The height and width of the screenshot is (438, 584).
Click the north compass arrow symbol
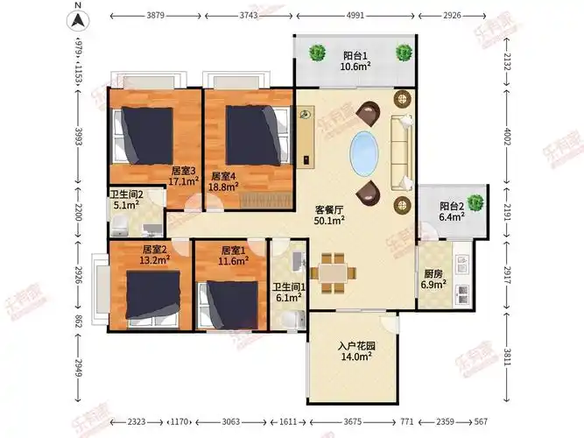(78, 20)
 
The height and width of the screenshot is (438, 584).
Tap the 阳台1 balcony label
(355, 56)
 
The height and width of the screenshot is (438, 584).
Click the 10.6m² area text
(355, 67)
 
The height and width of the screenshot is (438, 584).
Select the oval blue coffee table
(364, 153)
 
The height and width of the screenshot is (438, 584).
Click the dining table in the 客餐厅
(334, 273)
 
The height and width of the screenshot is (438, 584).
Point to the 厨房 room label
(433, 274)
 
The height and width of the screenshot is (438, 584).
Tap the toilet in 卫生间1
(292, 321)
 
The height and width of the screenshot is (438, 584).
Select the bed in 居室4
(258, 135)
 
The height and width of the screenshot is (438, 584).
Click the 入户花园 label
(356, 346)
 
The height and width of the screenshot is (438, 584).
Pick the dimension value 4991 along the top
(355, 16)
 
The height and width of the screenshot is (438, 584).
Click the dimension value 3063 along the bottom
(230, 421)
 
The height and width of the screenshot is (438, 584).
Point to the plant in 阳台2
(475, 202)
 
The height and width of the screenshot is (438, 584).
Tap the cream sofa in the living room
(402, 152)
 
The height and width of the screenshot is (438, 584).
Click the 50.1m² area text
(329, 220)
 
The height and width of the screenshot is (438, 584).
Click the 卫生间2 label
(127, 194)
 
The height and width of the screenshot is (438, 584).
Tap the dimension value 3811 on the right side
(507, 357)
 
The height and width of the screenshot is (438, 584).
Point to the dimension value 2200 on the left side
(78, 212)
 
